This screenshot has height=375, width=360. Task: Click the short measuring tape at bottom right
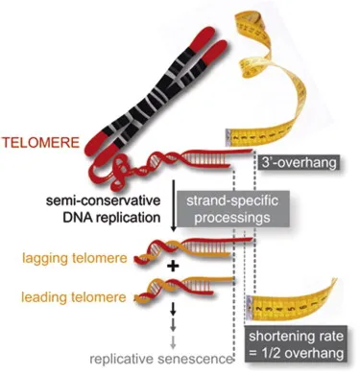pyautogui.click(x=292, y=298)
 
